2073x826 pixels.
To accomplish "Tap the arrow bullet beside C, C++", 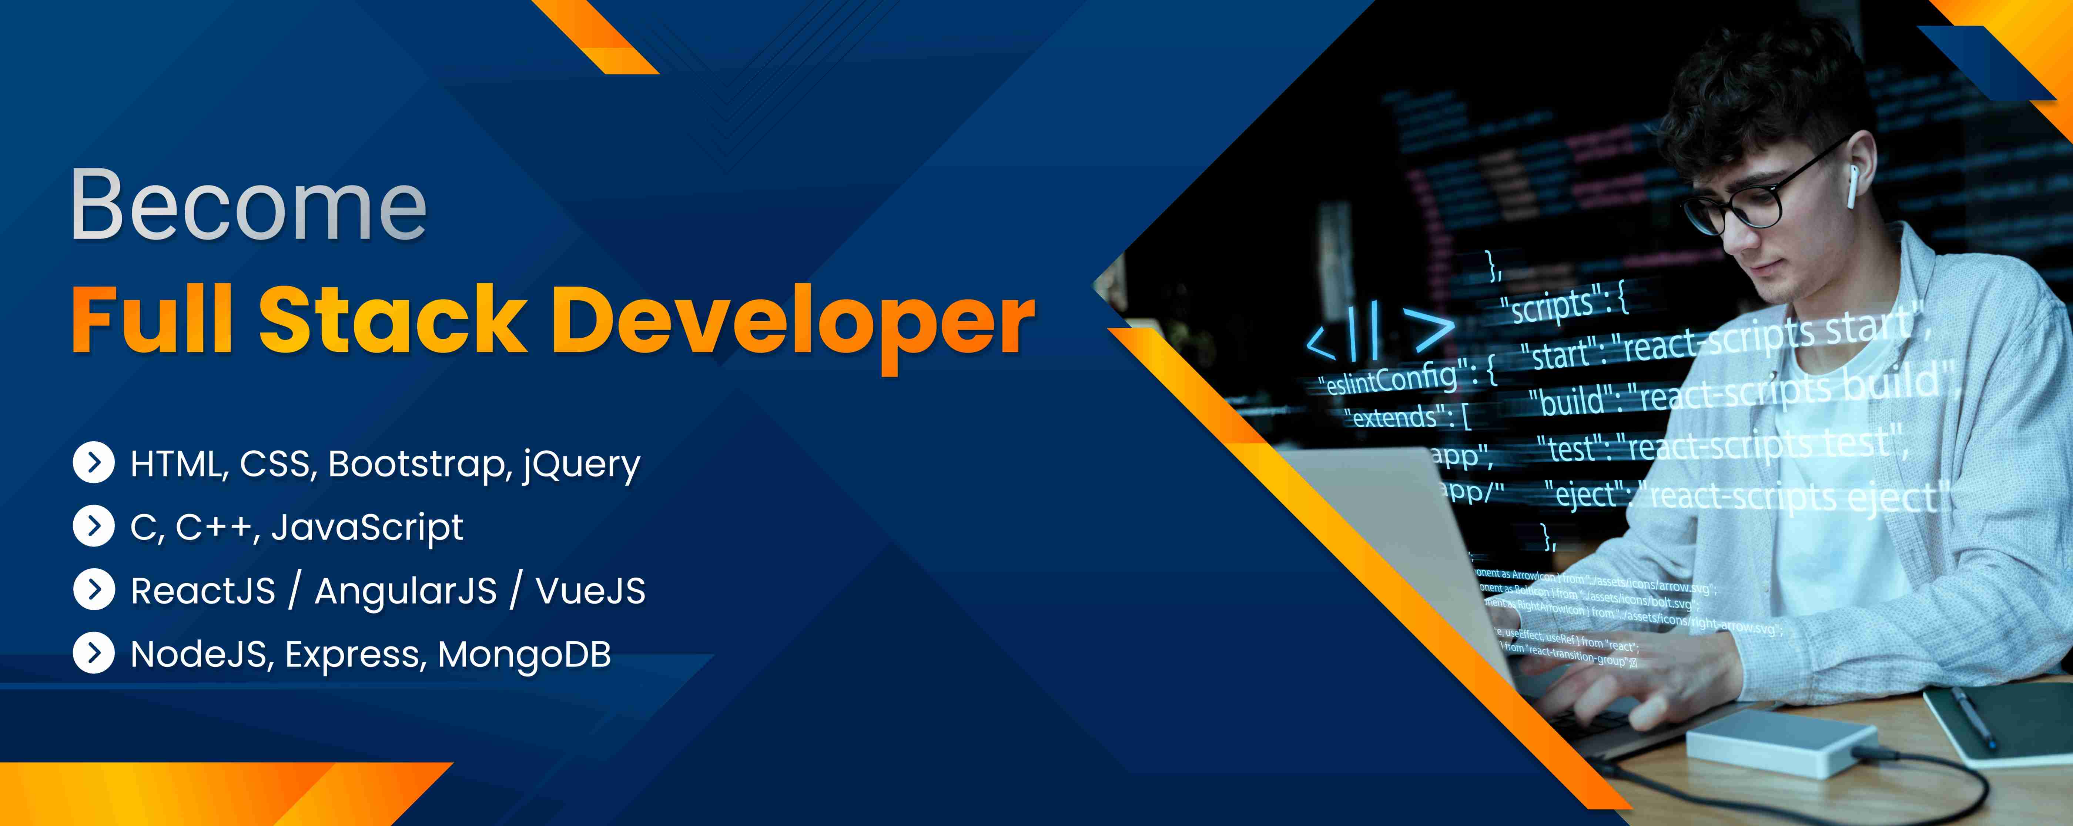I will (94, 526).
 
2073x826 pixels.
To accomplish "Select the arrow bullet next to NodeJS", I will (94, 653).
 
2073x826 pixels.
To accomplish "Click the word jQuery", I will (581, 465).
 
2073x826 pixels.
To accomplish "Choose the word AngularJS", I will (406, 591).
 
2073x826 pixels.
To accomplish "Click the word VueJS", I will (590, 591).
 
